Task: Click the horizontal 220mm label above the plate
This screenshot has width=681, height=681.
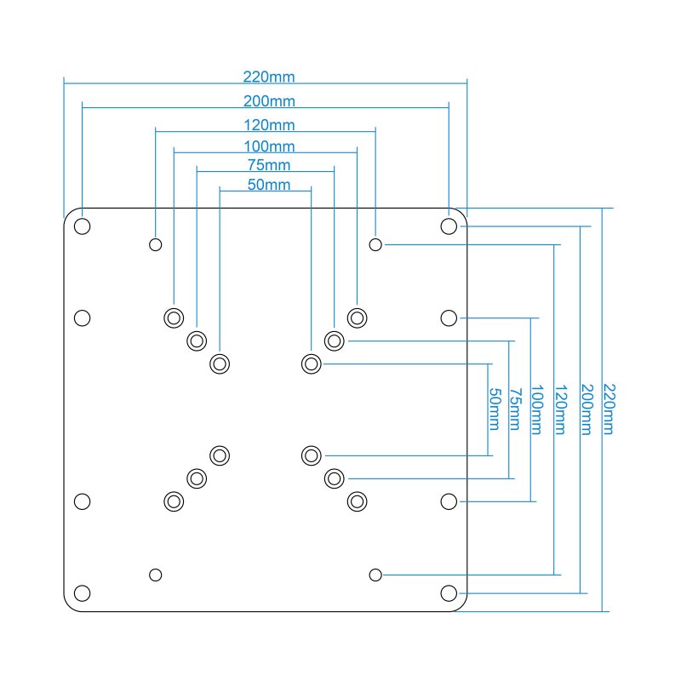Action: [x=269, y=77]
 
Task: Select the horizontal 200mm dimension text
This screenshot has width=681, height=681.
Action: [x=269, y=101]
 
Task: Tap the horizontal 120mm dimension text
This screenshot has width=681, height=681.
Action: [x=269, y=126]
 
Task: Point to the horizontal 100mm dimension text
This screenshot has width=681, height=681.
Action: [x=269, y=146]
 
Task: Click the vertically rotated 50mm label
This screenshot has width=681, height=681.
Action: [x=494, y=409]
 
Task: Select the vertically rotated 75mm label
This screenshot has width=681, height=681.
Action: [x=515, y=409]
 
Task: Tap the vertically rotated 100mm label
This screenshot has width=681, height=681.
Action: [x=536, y=409]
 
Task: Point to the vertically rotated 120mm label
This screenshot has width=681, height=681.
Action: [x=560, y=409]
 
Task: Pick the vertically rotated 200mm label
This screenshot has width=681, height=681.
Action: [x=585, y=409]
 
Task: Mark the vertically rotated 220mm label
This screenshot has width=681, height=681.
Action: [x=608, y=409]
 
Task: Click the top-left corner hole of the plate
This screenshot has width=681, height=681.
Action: [x=83, y=226]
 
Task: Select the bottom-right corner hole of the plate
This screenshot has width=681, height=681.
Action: [x=449, y=592]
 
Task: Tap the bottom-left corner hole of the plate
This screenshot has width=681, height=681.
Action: [x=83, y=592]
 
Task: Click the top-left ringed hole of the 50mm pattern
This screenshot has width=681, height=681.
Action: [x=220, y=363]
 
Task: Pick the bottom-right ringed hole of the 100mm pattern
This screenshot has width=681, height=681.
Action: [x=358, y=501]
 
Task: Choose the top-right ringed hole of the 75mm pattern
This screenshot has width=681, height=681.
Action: [x=335, y=340]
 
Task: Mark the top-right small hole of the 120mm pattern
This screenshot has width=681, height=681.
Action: [x=375, y=244]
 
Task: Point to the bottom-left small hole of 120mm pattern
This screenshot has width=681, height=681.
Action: [x=156, y=575]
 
